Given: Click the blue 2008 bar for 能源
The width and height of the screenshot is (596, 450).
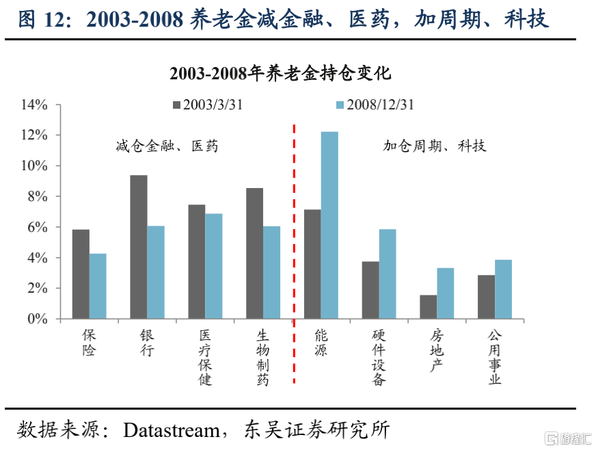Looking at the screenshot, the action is [x=329, y=225].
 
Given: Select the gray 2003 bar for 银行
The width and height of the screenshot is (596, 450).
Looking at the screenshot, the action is [x=139, y=247].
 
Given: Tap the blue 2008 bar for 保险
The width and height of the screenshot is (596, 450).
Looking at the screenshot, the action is [x=98, y=286].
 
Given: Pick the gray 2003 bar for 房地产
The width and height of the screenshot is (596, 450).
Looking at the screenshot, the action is [x=429, y=307].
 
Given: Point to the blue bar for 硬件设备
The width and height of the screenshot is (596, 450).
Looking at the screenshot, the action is [x=388, y=274].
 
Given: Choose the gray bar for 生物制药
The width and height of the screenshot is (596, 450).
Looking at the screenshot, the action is [x=255, y=253].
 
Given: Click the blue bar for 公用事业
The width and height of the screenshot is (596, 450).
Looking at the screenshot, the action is [x=503, y=289].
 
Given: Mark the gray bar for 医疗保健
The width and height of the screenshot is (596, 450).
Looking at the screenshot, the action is [x=197, y=262].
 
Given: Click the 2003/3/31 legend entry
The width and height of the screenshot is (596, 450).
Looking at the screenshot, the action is [x=208, y=105].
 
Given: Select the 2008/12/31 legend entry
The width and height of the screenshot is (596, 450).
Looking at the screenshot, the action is [x=375, y=105].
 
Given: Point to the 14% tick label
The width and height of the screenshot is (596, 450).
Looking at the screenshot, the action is [x=34, y=105].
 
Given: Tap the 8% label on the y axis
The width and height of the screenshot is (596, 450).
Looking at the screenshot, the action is [x=37, y=197].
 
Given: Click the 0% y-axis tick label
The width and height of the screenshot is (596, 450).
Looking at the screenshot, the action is [x=37, y=319].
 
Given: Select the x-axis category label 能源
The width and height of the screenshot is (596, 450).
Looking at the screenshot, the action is [x=321, y=343].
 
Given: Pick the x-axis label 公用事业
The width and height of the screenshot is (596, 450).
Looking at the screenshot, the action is [x=495, y=357].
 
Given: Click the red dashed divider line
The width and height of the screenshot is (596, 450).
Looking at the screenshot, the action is [x=294, y=253].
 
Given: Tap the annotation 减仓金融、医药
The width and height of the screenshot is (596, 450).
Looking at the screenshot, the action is [x=167, y=146].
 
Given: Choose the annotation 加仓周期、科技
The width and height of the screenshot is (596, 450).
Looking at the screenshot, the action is [x=435, y=145].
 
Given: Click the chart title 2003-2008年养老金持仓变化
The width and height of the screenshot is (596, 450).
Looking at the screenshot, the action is [x=280, y=73].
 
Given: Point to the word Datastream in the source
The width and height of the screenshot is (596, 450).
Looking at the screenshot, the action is [x=172, y=430].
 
